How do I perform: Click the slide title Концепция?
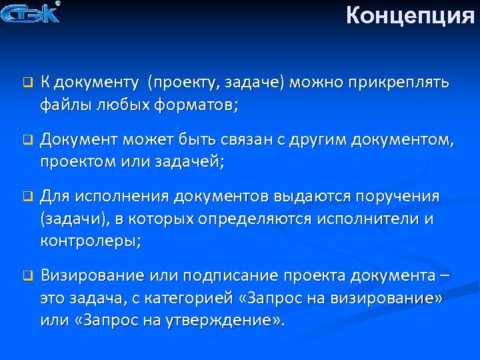click(410, 14)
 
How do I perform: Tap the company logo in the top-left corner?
click(32, 13)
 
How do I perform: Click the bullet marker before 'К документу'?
click(27, 84)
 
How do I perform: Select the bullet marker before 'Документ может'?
click(27, 141)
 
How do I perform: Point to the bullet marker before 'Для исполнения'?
click(27, 197)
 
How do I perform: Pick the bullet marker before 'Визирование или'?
click(27, 275)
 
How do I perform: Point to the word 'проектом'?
click(78, 161)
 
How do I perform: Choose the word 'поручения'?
click(398, 197)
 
